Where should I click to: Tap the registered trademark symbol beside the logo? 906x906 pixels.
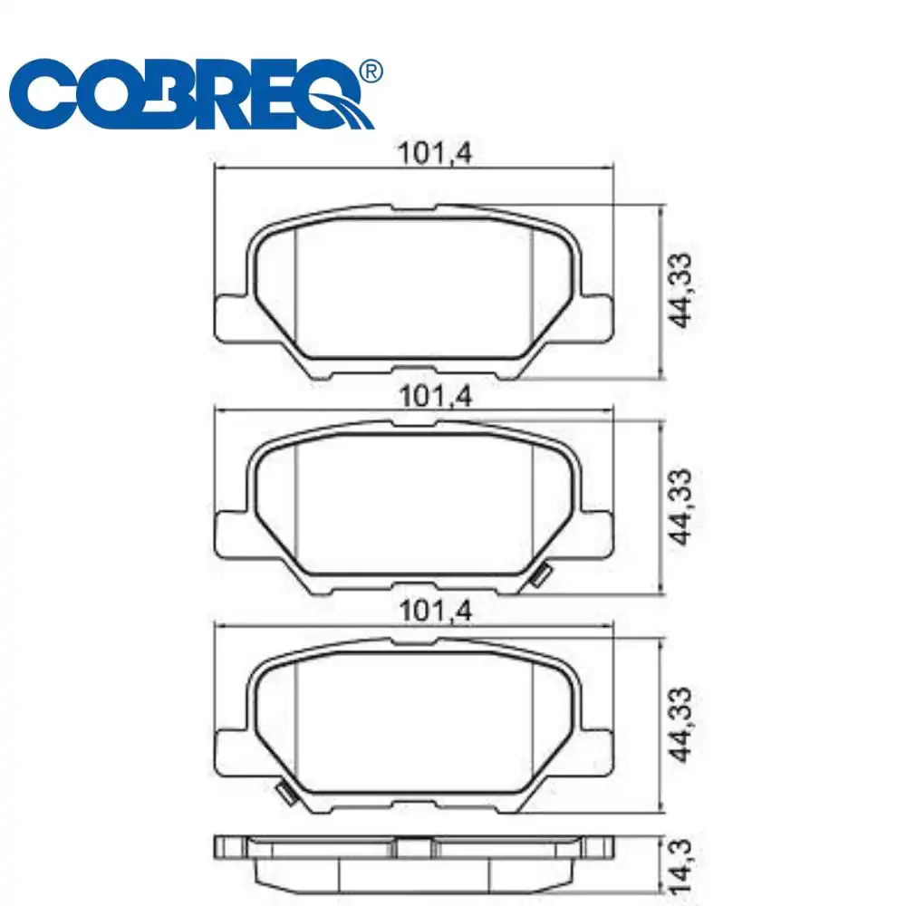pos(371,71)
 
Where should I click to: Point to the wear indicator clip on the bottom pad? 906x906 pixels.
pos(287,794)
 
